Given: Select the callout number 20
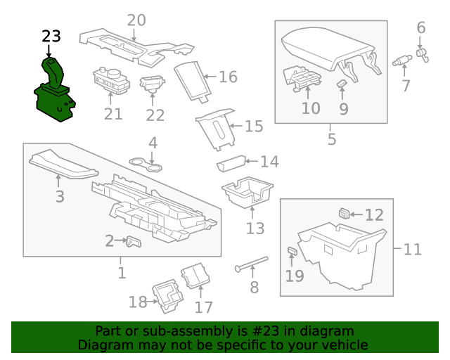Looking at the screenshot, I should point(136,20).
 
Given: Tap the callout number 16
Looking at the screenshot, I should point(228,77).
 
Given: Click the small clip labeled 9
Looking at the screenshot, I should point(342,85).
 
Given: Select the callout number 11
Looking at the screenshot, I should point(413,249).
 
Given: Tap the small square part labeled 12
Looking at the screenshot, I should point(344,213).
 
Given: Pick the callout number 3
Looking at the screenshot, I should point(60,197).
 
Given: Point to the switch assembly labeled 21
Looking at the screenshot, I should point(110,79).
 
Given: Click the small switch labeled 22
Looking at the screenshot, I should point(151,84).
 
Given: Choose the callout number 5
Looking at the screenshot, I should point(332,139).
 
